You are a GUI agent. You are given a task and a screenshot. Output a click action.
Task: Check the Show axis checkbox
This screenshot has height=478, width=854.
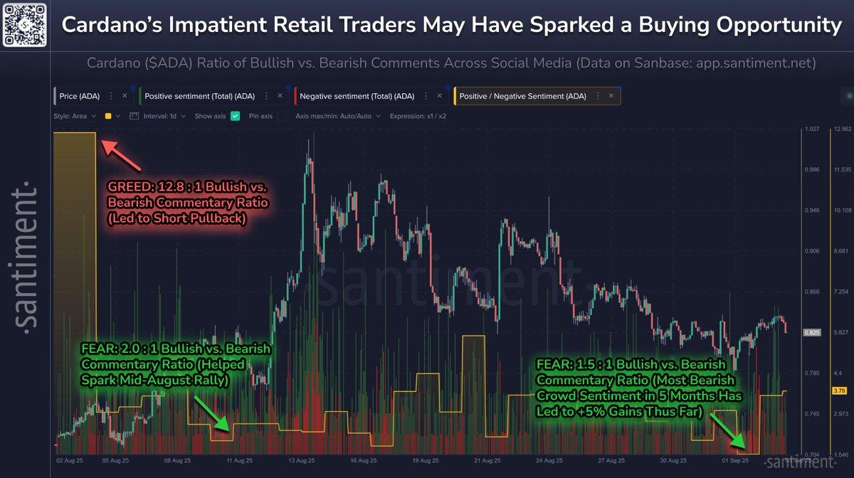[236, 116]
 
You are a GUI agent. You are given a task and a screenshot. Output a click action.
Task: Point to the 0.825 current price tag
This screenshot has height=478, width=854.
[811, 332]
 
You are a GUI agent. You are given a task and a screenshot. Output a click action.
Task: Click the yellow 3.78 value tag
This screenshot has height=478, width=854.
[840, 390]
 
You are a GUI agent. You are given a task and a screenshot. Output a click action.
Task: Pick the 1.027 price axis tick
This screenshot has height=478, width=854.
[811, 129]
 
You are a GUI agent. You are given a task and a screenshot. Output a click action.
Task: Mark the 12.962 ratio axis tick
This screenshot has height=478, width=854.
[842, 129]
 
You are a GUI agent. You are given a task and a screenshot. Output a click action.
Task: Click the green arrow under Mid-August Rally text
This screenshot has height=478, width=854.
[213, 413]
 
